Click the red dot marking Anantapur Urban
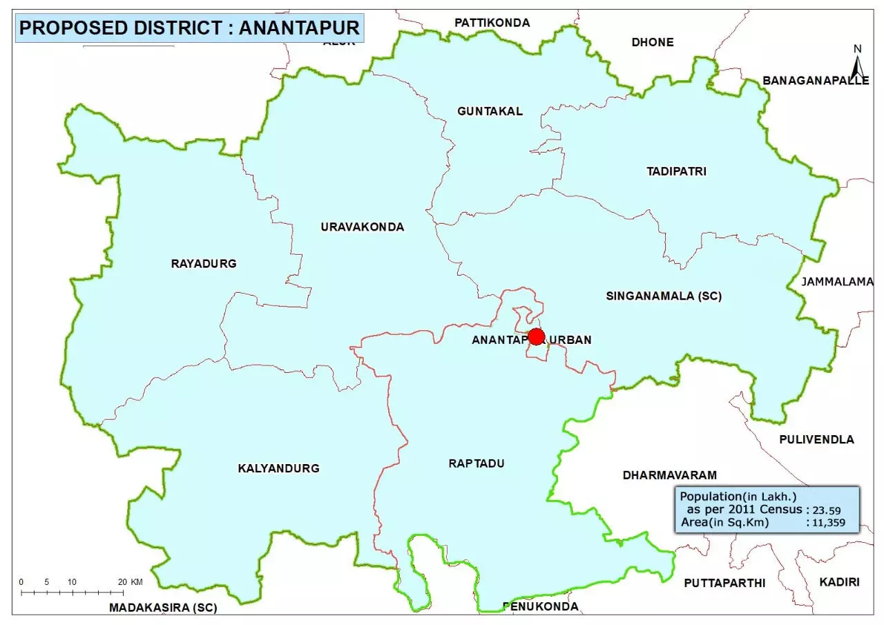pyautogui.click(x=536, y=337)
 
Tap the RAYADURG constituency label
pyautogui.click(x=204, y=263)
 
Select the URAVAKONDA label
pyautogui.click(x=362, y=227)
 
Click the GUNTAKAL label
pyautogui.click(x=490, y=111)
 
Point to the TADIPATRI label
pyautogui.click(x=676, y=171)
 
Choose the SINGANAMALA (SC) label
pyautogui.click(x=664, y=296)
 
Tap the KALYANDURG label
pyautogui.click(x=278, y=468)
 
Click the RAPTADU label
pyautogui.click(x=476, y=463)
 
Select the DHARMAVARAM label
pyautogui.click(x=669, y=475)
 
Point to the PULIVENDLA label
pyautogui.click(x=816, y=439)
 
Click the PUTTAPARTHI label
pyautogui.click(x=724, y=583)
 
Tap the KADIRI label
pyautogui.click(x=839, y=582)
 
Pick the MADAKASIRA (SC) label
pyautogui.click(x=163, y=608)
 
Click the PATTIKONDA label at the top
pyautogui.click(x=492, y=23)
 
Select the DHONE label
pyautogui.click(x=652, y=42)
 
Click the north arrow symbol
pyautogui.click(x=857, y=64)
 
